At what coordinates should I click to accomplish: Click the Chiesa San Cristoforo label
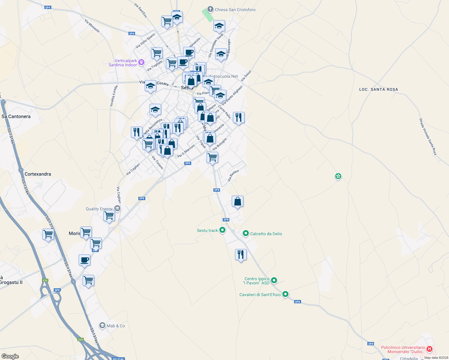tap(235, 10)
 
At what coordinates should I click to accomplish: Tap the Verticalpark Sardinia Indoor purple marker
tap(141, 62)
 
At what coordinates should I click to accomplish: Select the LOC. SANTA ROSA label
tap(378, 89)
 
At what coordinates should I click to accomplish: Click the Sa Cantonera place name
tap(16, 116)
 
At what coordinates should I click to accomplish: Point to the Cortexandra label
tap(38, 174)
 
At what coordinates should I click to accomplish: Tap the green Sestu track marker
tap(222, 230)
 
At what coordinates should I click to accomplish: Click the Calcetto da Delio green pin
tap(246, 233)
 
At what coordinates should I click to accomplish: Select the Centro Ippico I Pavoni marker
tap(274, 280)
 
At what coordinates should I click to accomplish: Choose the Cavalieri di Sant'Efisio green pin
tap(285, 294)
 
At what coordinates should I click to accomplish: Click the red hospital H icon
tap(429, 349)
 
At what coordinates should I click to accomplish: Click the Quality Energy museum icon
tap(118, 208)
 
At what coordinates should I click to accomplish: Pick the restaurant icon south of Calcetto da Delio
tap(241, 255)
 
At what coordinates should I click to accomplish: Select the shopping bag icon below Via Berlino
tap(237, 201)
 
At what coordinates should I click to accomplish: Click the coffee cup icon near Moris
tap(85, 260)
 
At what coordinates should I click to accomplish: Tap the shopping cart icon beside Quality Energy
tap(109, 216)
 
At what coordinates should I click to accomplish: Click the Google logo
tap(10, 356)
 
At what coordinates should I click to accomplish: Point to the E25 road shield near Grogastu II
tap(45, 280)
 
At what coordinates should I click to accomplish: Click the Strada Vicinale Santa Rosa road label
tap(428, 137)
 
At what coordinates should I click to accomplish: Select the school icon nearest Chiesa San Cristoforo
tap(219, 26)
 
